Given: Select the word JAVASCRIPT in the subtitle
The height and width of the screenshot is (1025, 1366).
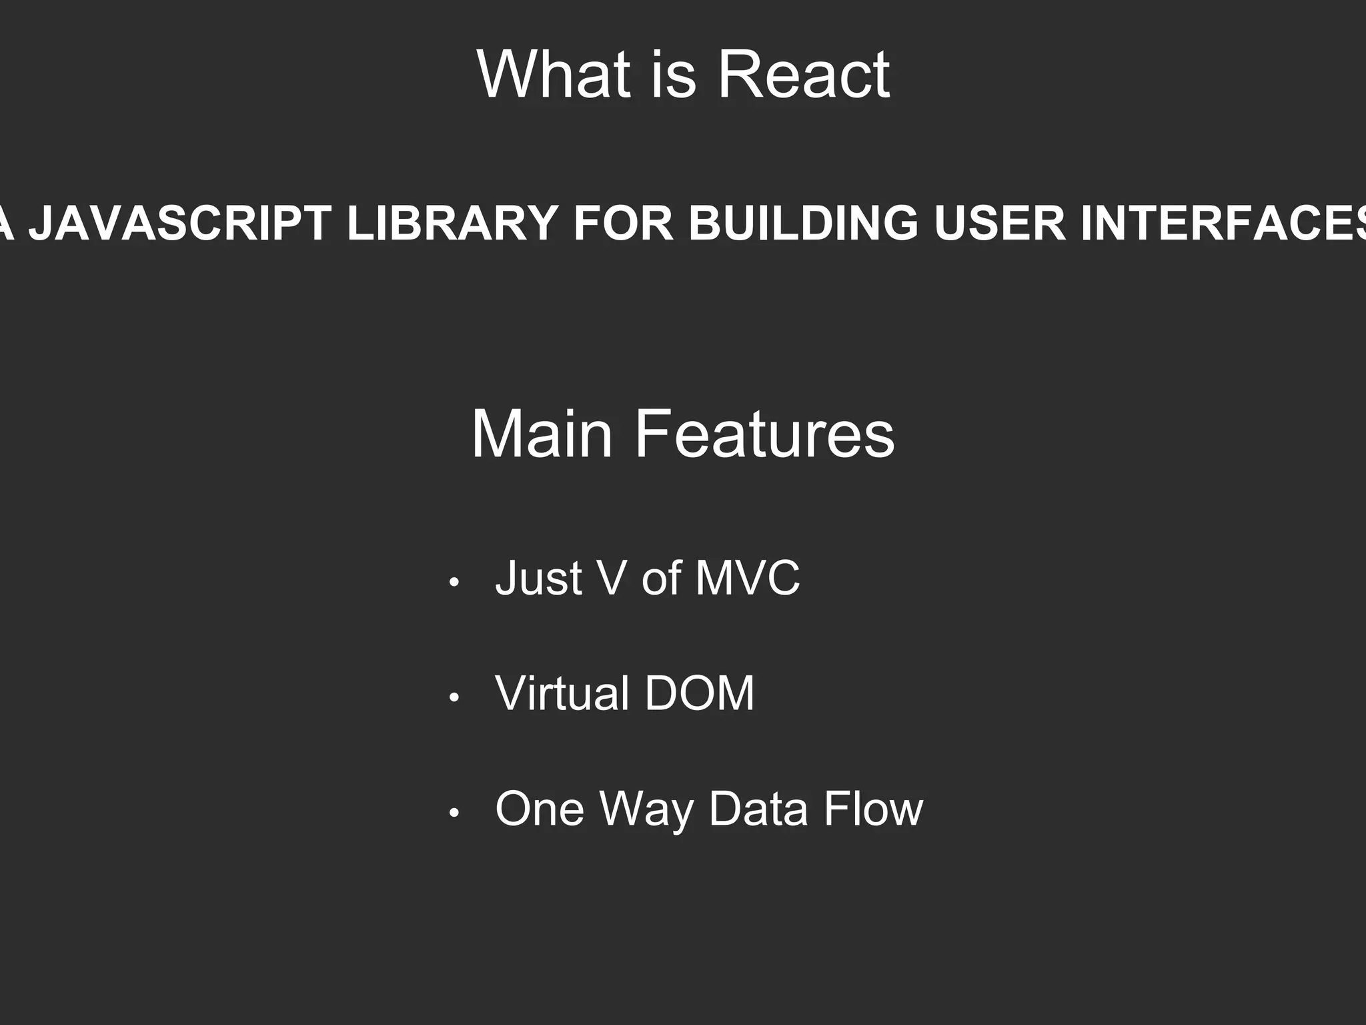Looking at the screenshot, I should [x=180, y=223].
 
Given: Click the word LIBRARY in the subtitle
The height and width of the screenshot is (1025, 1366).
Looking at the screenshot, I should [x=452, y=223].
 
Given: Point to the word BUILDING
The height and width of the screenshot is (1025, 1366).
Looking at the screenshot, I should [x=804, y=223].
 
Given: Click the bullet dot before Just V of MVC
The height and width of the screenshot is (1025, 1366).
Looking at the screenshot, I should [x=454, y=582].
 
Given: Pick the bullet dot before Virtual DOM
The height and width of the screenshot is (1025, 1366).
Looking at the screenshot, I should [x=454, y=698].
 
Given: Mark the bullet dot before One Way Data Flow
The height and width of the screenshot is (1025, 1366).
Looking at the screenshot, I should [x=454, y=813].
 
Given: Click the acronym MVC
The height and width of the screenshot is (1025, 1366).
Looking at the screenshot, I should [x=747, y=578].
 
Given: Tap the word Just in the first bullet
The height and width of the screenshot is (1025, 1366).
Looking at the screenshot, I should [x=539, y=578].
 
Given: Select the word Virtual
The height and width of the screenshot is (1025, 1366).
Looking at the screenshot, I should [x=562, y=693].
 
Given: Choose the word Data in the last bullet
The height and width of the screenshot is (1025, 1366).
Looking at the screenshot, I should [x=758, y=809].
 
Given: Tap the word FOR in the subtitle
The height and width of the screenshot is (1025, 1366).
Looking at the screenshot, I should [x=623, y=223].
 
